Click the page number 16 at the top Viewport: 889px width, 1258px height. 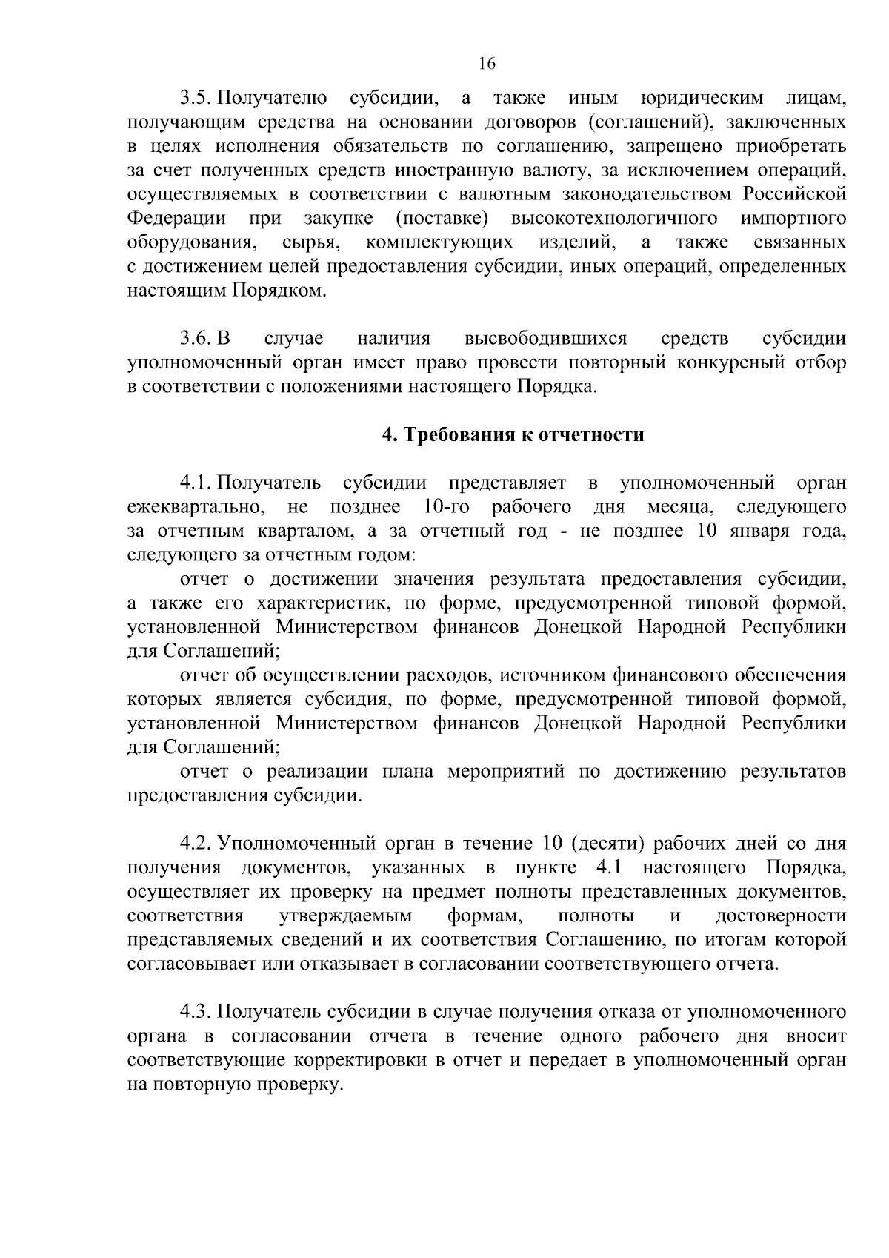pos(486,64)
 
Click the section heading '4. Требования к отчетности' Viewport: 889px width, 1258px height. pos(513,435)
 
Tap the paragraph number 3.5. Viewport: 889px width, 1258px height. pos(196,98)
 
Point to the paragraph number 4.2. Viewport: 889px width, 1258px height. pos(196,844)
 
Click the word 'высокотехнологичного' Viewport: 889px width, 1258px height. pos(613,219)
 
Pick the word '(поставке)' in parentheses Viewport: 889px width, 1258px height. pos(442,219)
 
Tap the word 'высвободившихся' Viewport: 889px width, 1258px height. pos(545,339)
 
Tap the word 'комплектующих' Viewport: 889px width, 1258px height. pos(439,242)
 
